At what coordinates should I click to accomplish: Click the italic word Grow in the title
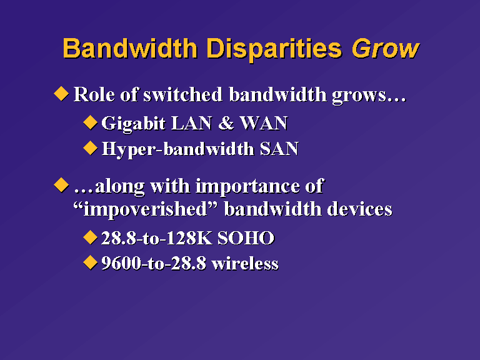pyautogui.click(x=386, y=49)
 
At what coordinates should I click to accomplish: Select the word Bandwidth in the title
pyautogui.click(x=130, y=48)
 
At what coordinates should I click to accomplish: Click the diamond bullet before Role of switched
pyautogui.click(x=61, y=93)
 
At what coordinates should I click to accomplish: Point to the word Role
pyautogui.click(x=94, y=94)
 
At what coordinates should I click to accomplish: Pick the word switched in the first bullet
pyautogui.click(x=182, y=94)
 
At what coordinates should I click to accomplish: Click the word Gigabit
pyautogui.click(x=134, y=124)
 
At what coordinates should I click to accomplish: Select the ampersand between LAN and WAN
pyautogui.click(x=226, y=123)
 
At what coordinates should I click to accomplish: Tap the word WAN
pyautogui.click(x=264, y=123)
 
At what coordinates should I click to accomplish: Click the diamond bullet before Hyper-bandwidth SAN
pyautogui.click(x=90, y=148)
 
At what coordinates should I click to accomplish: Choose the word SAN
pyautogui.click(x=279, y=149)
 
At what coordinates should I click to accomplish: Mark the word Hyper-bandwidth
pyautogui.click(x=178, y=150)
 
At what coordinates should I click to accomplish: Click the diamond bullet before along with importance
pyautogui.click(x=61, y=185)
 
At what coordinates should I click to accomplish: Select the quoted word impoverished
pyautogui.click(x=146, y=210)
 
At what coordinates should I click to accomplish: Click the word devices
pyautogui.click(x=360, y=209)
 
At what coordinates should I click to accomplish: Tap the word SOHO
pyautogui.click(x=246, y=238)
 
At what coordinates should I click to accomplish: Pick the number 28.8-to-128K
pyautogui.click(x=157, y=238)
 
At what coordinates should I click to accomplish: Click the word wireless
pyautogui.click(x=245, y=263)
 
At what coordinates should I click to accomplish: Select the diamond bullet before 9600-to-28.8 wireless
pyautogui.click(x=90, y=262)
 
